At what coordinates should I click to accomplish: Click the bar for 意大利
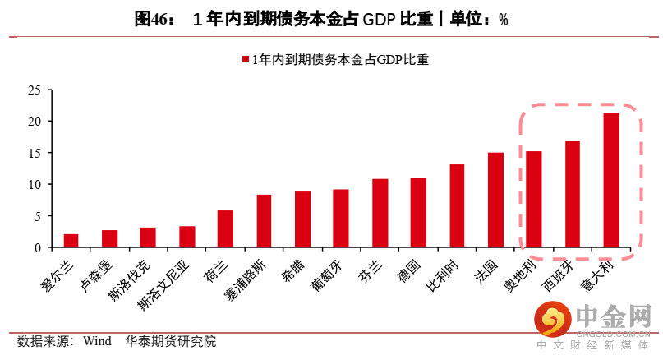tap(611, 181)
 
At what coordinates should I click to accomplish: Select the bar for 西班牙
tap(573, 194)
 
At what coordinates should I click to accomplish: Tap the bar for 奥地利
tap(534, 200)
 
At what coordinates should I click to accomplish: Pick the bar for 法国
tap(495, 200)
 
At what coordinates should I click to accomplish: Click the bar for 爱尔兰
tap(71, 241)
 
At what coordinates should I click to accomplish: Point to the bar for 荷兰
tap(225, 229)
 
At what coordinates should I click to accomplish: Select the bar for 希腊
tap(302, 219)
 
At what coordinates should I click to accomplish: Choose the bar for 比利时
tap(457, 206)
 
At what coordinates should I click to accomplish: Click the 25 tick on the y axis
tap(34, 90)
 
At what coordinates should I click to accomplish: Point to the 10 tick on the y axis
tap(34, 184)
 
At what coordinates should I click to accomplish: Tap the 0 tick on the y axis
tap(37, 247)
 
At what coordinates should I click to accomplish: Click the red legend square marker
tap(246, 59)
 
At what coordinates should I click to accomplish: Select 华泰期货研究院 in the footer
tap(171, 341)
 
